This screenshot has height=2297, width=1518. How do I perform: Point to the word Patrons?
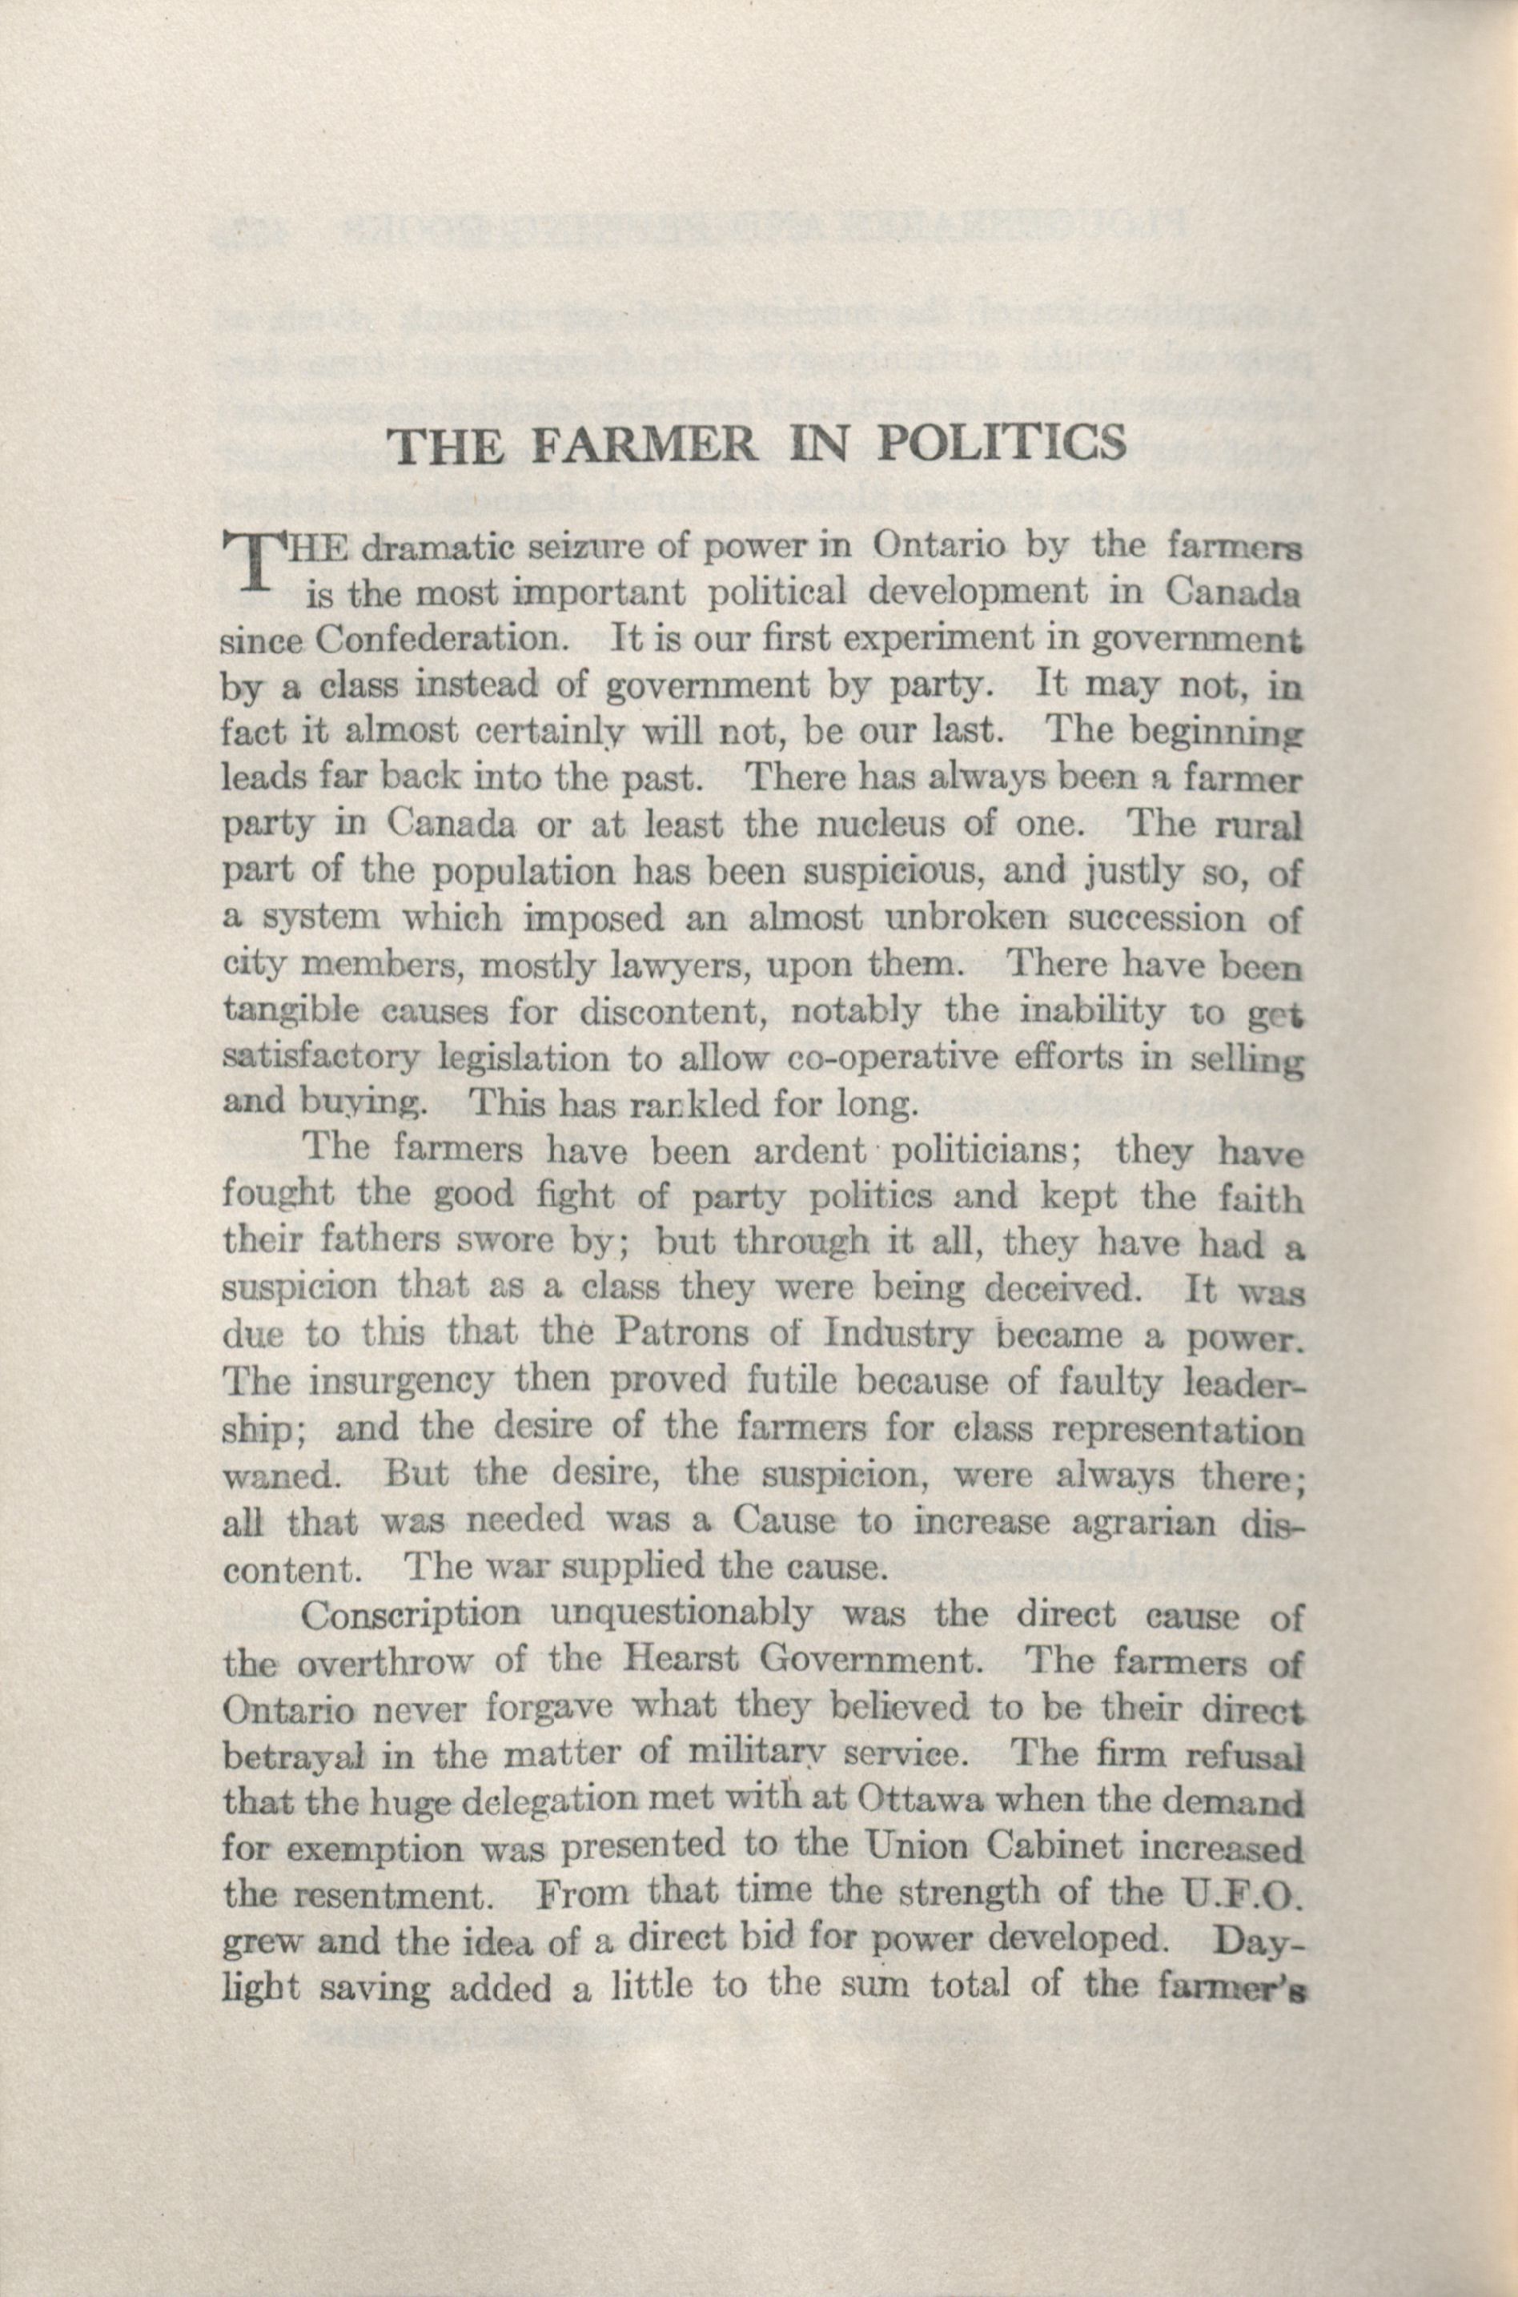coord(681,1337)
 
